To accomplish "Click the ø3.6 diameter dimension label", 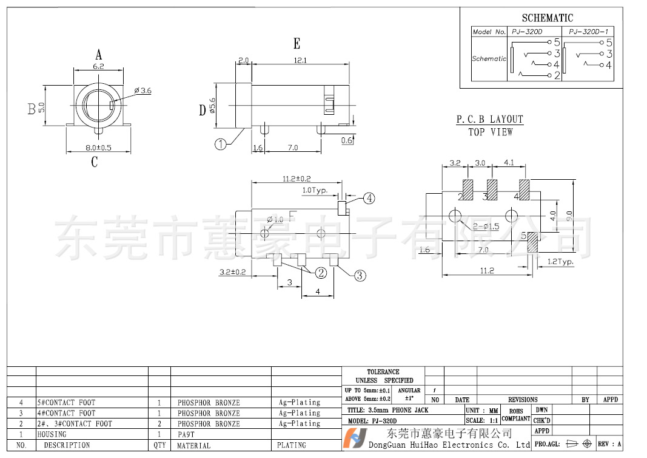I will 143,91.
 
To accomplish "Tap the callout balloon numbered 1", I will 220,144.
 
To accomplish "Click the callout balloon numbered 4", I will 369,198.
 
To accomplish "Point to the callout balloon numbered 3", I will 360,275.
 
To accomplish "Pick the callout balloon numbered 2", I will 320,273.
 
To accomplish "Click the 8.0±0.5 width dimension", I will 98,148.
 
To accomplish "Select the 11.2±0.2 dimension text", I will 297,179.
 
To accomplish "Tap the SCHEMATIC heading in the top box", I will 547,18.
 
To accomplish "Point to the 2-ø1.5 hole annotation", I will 486,227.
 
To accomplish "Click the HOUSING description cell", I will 52,434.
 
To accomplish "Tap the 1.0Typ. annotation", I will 315,190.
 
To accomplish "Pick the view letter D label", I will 203,111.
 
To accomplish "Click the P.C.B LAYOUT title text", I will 490,120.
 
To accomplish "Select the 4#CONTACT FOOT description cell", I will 66,413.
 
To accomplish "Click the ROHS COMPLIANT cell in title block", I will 516,415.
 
